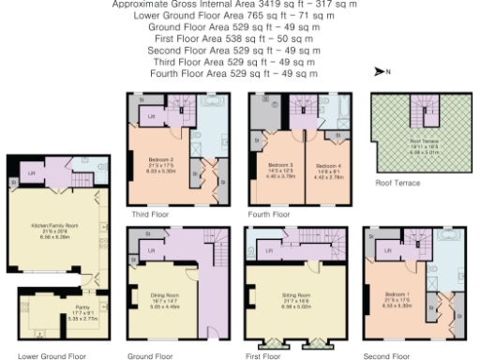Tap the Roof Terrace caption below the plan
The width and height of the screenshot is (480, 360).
(397, 183)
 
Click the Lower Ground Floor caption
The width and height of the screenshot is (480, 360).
(52, 356)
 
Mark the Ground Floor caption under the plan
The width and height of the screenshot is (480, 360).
(150, 356)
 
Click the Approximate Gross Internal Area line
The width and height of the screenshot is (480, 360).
(234, 5)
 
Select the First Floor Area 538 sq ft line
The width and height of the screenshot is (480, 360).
(234, 38)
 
